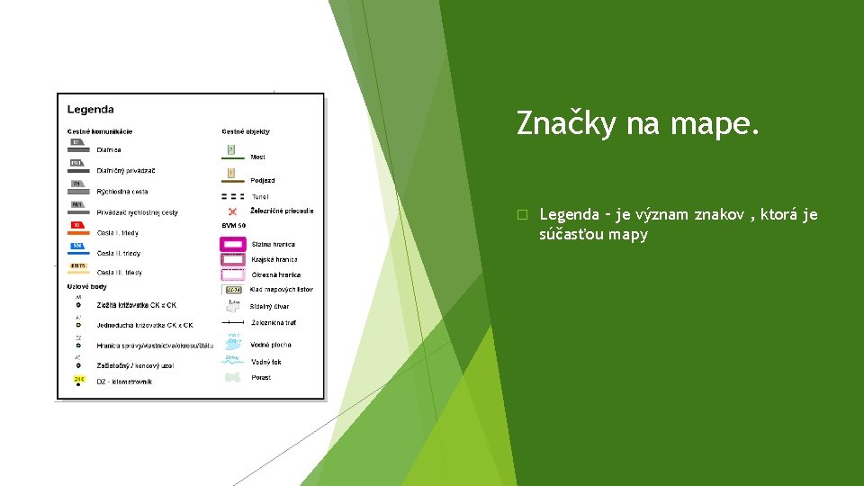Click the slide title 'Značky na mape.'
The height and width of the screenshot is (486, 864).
coord(639,124)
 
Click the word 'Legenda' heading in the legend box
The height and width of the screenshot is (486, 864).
coord(91,110)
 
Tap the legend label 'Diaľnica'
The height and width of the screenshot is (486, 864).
coord(109,150)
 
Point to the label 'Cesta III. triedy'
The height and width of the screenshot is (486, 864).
coord(120,273)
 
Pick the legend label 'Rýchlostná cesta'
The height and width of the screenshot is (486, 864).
coord(122,192)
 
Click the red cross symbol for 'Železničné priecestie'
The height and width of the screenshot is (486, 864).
coord(232,211)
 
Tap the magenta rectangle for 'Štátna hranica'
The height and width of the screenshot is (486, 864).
coord(233,244)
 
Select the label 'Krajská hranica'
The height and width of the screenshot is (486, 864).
coord(274,260)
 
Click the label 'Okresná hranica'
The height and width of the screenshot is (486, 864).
coord(275,275)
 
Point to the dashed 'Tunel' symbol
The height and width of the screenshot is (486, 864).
coord(232,196)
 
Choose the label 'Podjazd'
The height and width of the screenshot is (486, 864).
coord(263,181)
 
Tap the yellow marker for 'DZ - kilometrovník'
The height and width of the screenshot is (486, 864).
coord(79,380)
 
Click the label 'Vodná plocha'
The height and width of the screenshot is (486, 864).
coord(271,346)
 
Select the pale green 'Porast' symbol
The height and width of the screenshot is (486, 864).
coord(233,378)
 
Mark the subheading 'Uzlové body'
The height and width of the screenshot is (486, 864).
coord(87,287)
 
